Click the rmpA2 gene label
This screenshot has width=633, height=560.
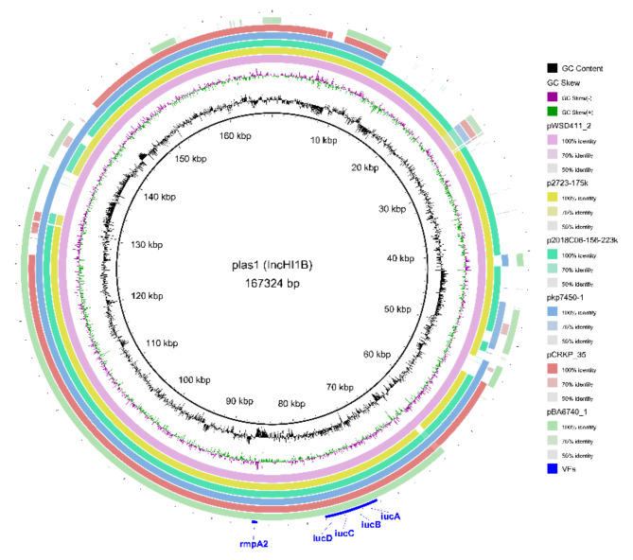[251, 544]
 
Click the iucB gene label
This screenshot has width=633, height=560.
[371, 524]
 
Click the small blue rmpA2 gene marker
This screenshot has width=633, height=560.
[254, 520]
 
